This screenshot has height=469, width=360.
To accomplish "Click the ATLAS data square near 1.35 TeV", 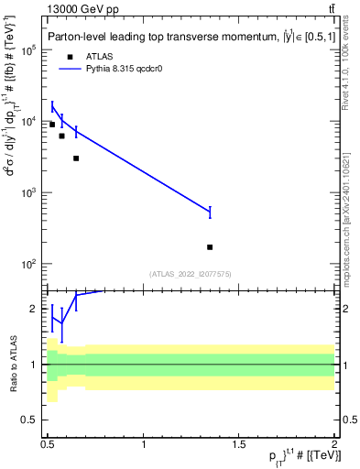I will click(x=210, y=247).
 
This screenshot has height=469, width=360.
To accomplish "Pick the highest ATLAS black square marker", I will click(x=52, y=125).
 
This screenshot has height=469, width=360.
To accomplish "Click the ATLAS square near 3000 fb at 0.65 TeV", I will click(x=76, y=158).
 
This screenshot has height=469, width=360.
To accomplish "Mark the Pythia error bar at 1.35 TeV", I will click(x=210, y=212).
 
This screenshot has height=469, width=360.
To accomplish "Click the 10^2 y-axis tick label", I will click(x=27, y=264).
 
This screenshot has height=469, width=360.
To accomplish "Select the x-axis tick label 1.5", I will click(x=239, y=443).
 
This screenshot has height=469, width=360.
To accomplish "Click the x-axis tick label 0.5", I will click(x=48, y=443).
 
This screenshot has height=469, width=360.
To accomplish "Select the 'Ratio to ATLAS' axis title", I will click(x=12, y=364).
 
